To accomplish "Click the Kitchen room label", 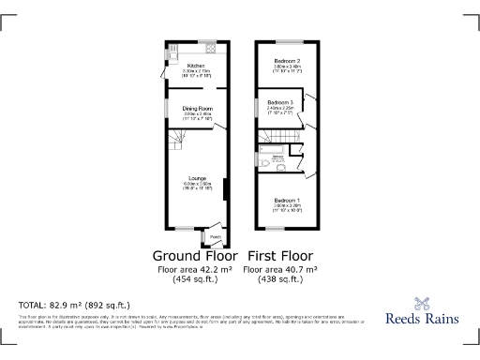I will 196,65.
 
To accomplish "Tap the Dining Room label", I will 198,109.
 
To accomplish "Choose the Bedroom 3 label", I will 280,101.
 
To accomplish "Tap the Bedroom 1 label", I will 287,200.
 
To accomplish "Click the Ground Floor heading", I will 194,256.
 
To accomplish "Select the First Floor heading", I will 279,256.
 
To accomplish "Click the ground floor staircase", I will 177,141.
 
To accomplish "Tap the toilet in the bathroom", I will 279,162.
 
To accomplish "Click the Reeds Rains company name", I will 423,319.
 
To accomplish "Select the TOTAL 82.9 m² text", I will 75,306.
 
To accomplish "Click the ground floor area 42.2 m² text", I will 194,270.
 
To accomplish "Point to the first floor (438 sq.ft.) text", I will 279,279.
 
